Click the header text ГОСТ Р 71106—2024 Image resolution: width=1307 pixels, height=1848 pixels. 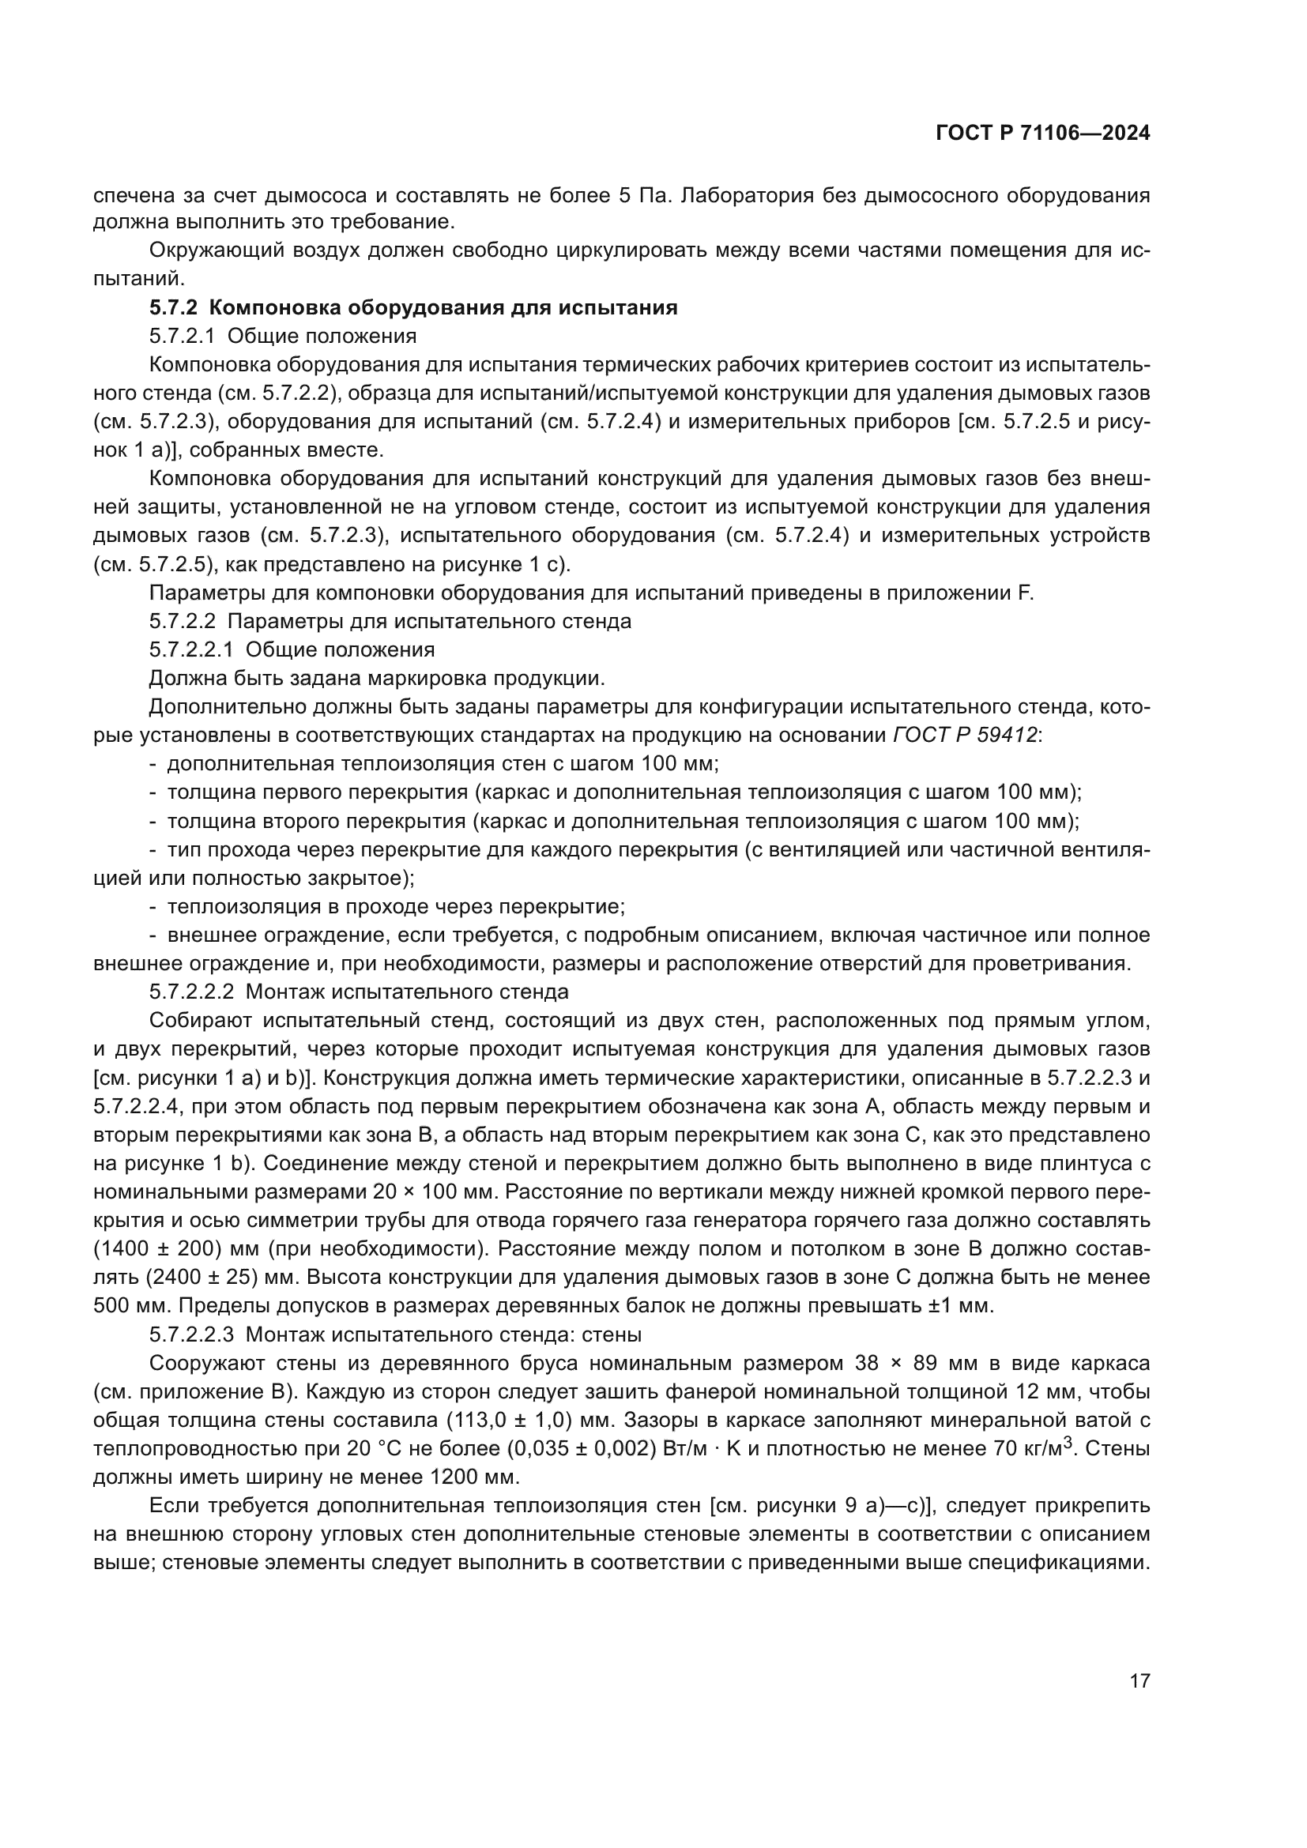tap(1042, 134)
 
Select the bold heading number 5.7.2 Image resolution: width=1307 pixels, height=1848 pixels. tap(173, 307)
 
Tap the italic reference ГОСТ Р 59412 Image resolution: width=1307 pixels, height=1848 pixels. tap(965, 735)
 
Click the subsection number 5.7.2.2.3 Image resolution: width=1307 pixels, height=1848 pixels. tap(191, 1334)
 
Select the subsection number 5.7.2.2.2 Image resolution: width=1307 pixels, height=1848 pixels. tap(191, 992)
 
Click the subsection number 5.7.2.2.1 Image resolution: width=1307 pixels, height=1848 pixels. tap(191, 649)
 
